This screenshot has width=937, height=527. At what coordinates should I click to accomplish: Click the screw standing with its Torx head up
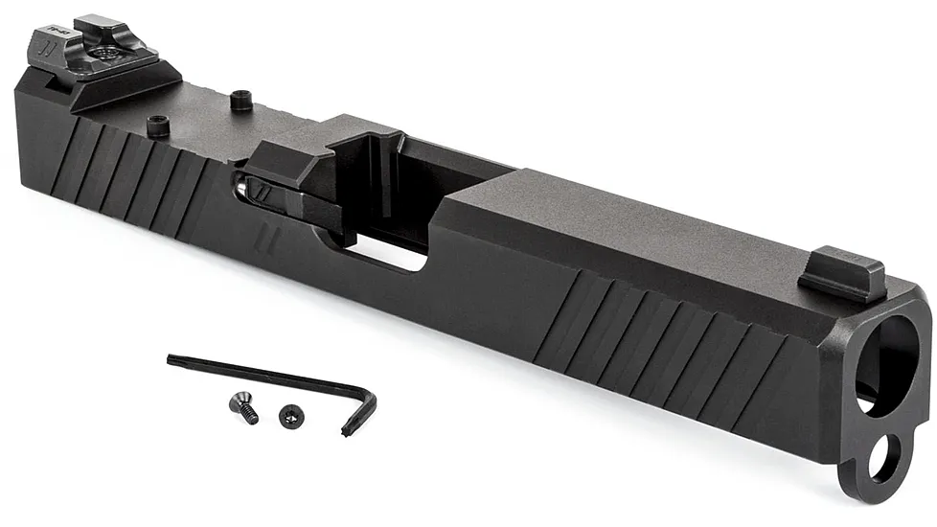pos(288,414)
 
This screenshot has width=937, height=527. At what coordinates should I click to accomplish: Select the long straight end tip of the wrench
pos(171,360)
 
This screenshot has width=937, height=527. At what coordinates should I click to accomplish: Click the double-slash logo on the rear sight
pos(44,43)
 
